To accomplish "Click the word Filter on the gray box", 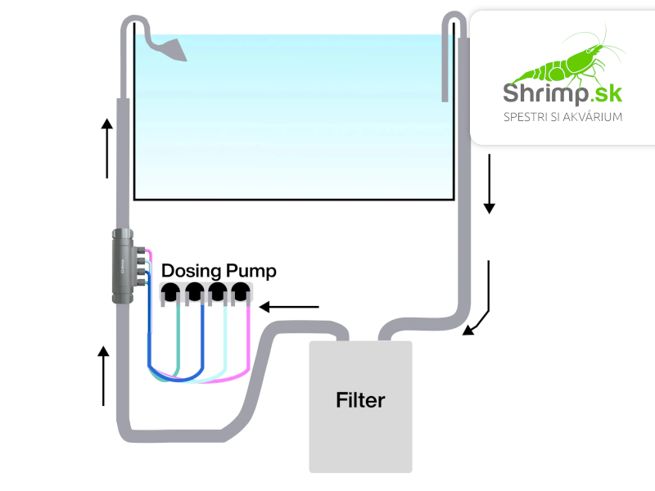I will [360, 401].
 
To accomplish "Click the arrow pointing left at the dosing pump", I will [289, 308].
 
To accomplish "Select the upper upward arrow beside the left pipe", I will [106, 148].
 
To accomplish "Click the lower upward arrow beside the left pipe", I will [103, 376].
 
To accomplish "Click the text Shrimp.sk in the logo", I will [562, 92].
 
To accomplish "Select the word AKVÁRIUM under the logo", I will [589, 117].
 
